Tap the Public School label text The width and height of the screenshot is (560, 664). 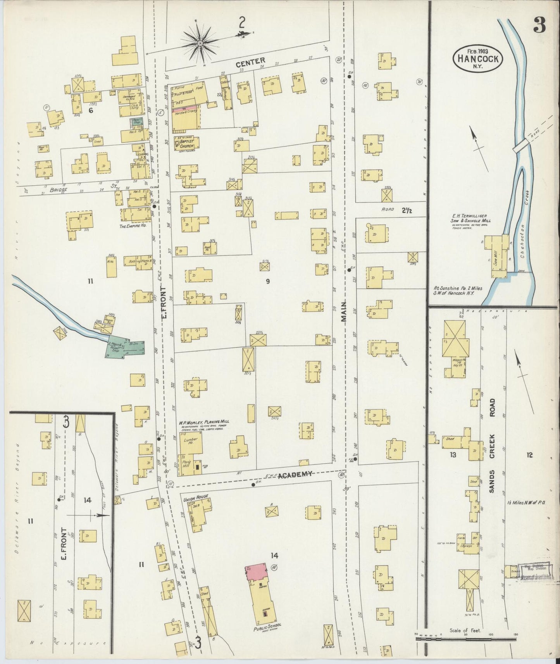click(x=267, y=627)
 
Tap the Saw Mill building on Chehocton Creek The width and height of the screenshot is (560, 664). click(x=499, y=258)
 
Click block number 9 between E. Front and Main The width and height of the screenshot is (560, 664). click(x=267, y=282)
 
